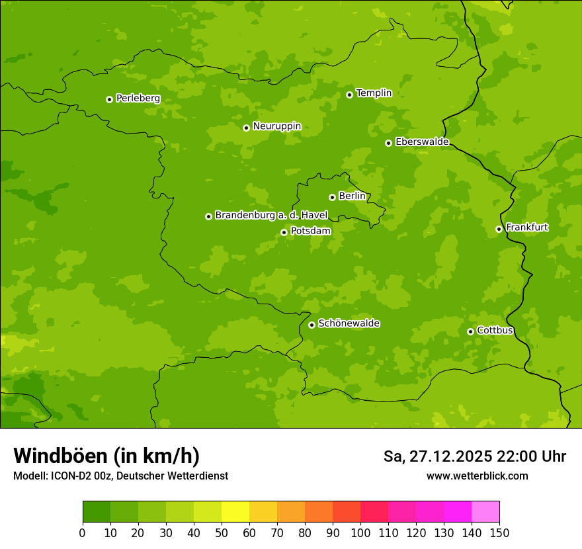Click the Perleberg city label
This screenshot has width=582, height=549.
(x=138, y=99)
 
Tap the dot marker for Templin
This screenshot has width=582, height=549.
(x=349, y=95)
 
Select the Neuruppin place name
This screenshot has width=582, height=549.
(x=276, y=126)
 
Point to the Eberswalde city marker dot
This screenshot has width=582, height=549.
(x=388, y=143)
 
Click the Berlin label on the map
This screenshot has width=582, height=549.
(x=352, y=196)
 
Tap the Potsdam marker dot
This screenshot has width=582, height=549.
(x=284, y=232)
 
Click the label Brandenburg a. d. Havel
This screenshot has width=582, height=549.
(x=270, y=216)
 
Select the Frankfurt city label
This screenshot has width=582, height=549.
(x=526, y=228)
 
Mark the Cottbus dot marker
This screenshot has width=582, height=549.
(x=470, y=331)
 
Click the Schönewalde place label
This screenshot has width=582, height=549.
(x=349, y=323)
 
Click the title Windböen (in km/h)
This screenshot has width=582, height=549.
(x=106, y=456)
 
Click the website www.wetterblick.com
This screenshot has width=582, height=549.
(x=477, y=476)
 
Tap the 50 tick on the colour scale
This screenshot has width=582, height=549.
(x=222, y=532)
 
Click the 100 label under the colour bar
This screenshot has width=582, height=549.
(x=360, y=532)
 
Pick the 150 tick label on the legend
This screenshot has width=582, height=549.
(x=499, y=532)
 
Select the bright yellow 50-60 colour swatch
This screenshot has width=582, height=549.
(x=235, y=512)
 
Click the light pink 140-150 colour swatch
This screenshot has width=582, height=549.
(x=485, y=512)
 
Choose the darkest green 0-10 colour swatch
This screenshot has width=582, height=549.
(x=97, y=512)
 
